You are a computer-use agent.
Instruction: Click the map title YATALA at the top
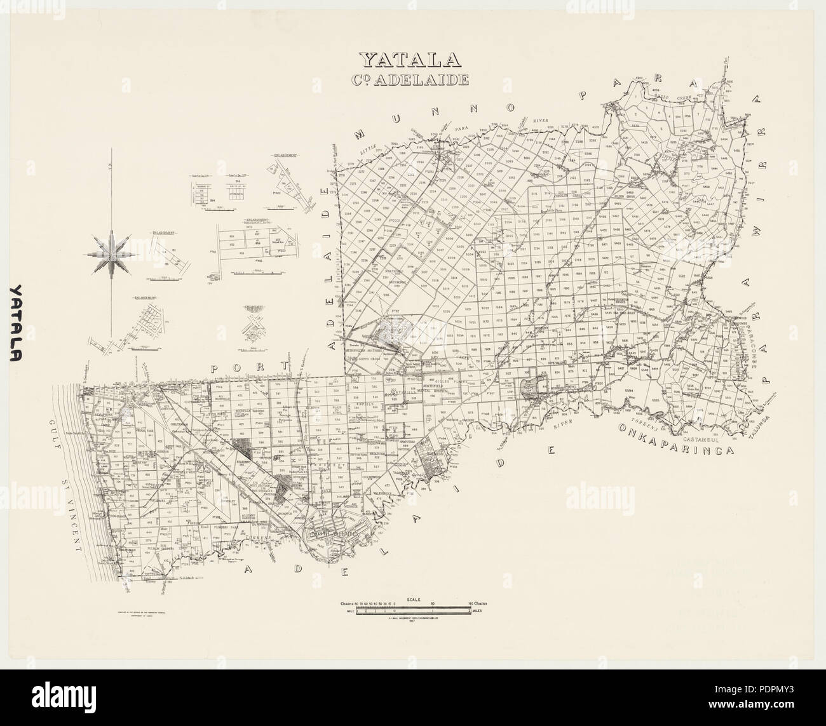click(410, 58)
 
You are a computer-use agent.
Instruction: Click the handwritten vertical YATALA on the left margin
click(22, 323)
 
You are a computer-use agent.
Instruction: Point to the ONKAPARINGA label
click(675, 440)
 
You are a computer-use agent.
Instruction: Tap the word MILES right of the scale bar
click(478, 610)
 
